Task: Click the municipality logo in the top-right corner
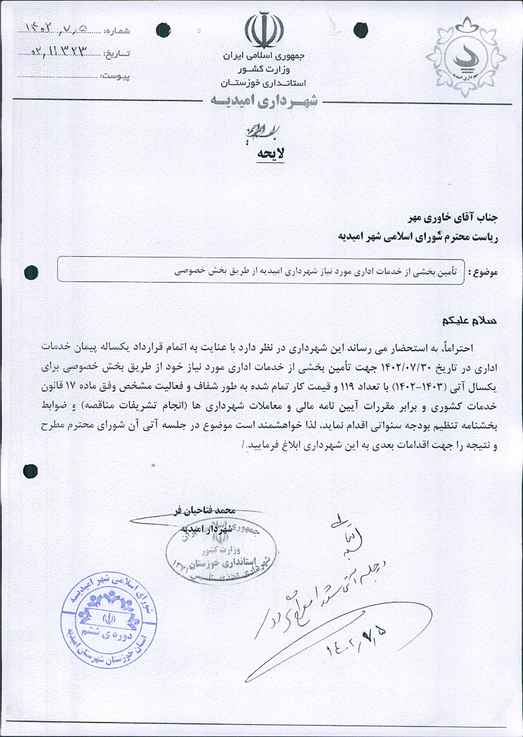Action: [466, 57]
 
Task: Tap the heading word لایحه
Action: [271, 153]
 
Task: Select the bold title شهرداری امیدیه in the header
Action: [264, 101]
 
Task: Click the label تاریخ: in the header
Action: [117, 54]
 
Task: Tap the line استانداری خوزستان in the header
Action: [264, 83]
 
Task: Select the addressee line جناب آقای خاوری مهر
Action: [453, 218]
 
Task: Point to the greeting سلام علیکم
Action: [469, 321]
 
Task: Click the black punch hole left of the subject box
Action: [31, 273]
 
